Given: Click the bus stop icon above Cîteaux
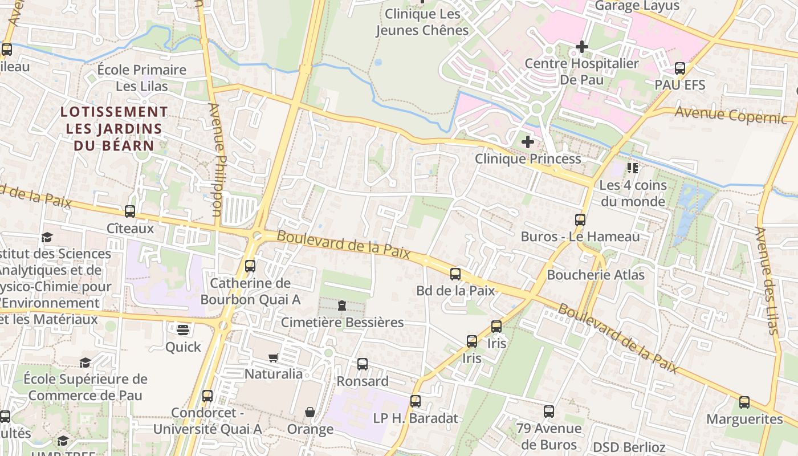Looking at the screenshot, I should pyautogui.click(x=130, y=211).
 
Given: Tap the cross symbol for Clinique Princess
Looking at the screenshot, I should pyautogui.click(x=528, y=141).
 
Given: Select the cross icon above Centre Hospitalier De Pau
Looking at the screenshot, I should pyautogui.click(x=582, y=46).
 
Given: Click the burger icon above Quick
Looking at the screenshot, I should pyautogui.click(x=182, y=329).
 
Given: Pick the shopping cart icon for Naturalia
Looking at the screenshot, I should pyautogui.click(x=274, y=357).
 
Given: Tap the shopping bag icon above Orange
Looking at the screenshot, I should pyautogui.click(x=310, y=412).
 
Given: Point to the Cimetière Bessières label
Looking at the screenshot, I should pyautogui.click(x=342, y=323).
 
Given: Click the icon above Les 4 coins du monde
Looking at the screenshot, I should pyautogui.click(x=633, y=168).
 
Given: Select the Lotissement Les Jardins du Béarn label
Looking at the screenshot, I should pyautogui.click(x=114, y=128).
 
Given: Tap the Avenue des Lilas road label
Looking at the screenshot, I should pyautogui.click(x=767, y=279).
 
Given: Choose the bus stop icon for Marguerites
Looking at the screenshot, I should pyautogui.click(x=744, y=402).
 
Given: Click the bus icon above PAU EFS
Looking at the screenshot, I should pyautogui.click(x=680, y=68).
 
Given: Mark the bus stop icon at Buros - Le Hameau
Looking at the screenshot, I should pyautogui.click(x=580, y=219).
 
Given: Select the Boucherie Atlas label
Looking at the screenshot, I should pyautogui.click(x=596, y=275).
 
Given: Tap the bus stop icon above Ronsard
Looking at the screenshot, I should pyautogui.click(x=363, y=364).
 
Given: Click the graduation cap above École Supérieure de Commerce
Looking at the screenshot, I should pyautogui.click(x=85, y=363).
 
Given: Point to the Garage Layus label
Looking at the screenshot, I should pyautogui.click(x=637, y=6).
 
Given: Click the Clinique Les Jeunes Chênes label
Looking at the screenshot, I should pyautogui.click(x=422, y=22).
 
